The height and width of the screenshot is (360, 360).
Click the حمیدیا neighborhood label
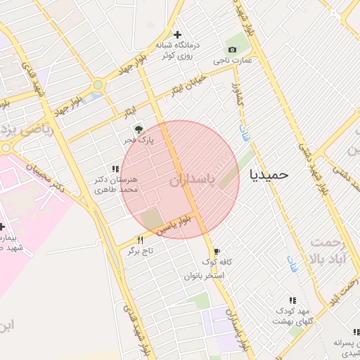[269, 174]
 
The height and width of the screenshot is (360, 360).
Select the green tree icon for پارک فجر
[139, 129]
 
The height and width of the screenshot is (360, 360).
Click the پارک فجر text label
[139, 141]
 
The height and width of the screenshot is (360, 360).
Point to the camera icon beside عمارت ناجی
[233, 49]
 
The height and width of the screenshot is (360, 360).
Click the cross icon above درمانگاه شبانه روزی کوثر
[178, 34]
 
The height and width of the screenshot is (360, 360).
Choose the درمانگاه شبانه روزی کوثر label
[178, 50]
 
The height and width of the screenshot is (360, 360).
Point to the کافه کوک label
[217, 262]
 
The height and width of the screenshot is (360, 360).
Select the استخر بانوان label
[204, 276]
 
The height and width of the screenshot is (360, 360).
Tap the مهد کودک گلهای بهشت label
[293, 316]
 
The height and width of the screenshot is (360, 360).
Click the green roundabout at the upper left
[98, 84]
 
